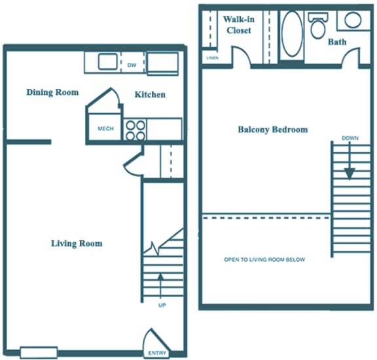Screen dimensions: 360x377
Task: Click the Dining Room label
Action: pyautogui.click(x=52, y=92)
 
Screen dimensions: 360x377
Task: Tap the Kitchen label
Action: pyautogui.click(x=150, y=95)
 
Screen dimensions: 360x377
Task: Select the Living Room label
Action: pyautogui.click(x=77, y=243)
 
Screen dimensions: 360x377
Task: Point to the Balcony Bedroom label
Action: pyautogui.click(x=272, y=130)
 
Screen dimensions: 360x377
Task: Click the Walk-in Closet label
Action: pyautogui.click(x=238, y=24)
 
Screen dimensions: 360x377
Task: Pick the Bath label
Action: pyautogui.click(x=338, y=42)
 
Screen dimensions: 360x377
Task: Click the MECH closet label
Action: pyautogui.click(x=105, y=129)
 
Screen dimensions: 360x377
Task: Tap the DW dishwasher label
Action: pyautogui.click(x=132, y=64)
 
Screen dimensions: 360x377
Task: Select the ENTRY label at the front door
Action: pyautogui.click(x=157, y=353)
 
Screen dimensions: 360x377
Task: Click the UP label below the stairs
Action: pyautogui.click(x=161, y=305)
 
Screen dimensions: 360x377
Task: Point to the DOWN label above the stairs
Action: pyautogui.click(x=350, y=138)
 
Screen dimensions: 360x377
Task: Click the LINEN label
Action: pyautogui.click(x=211, y=58)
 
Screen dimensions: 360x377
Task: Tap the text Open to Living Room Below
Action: pyautogui.click(x=264, y=260)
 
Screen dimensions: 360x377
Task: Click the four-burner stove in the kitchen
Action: pyautogui.click(x=135, y=130)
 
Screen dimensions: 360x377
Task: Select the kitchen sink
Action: pyautogui.click(x=108, y=62)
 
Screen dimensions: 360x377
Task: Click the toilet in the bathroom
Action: pyautogui.click(x=319, y=26)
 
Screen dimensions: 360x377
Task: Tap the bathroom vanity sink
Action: pyautogui.click(x=353, y=20)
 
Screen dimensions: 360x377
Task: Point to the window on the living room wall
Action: pyautogui.click(x=39, y=353)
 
